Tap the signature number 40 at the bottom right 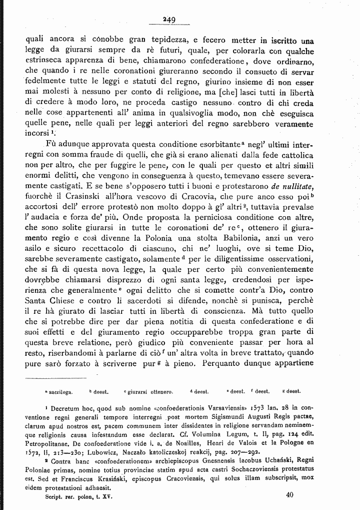point(290,495)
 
